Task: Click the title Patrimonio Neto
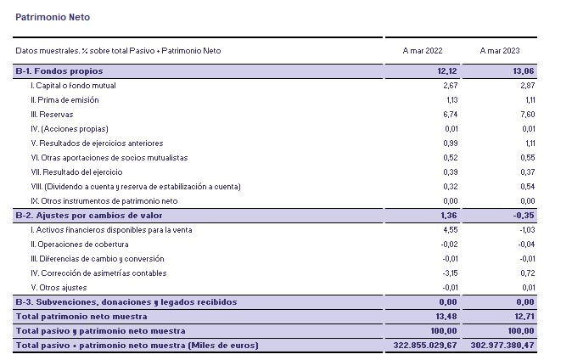point(53,16)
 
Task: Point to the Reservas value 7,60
point(525,114)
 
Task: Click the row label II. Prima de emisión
point(64,99)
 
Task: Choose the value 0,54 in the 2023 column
point(525,186)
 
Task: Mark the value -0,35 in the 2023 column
point(523,215)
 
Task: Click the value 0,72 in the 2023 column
point(525,273)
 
